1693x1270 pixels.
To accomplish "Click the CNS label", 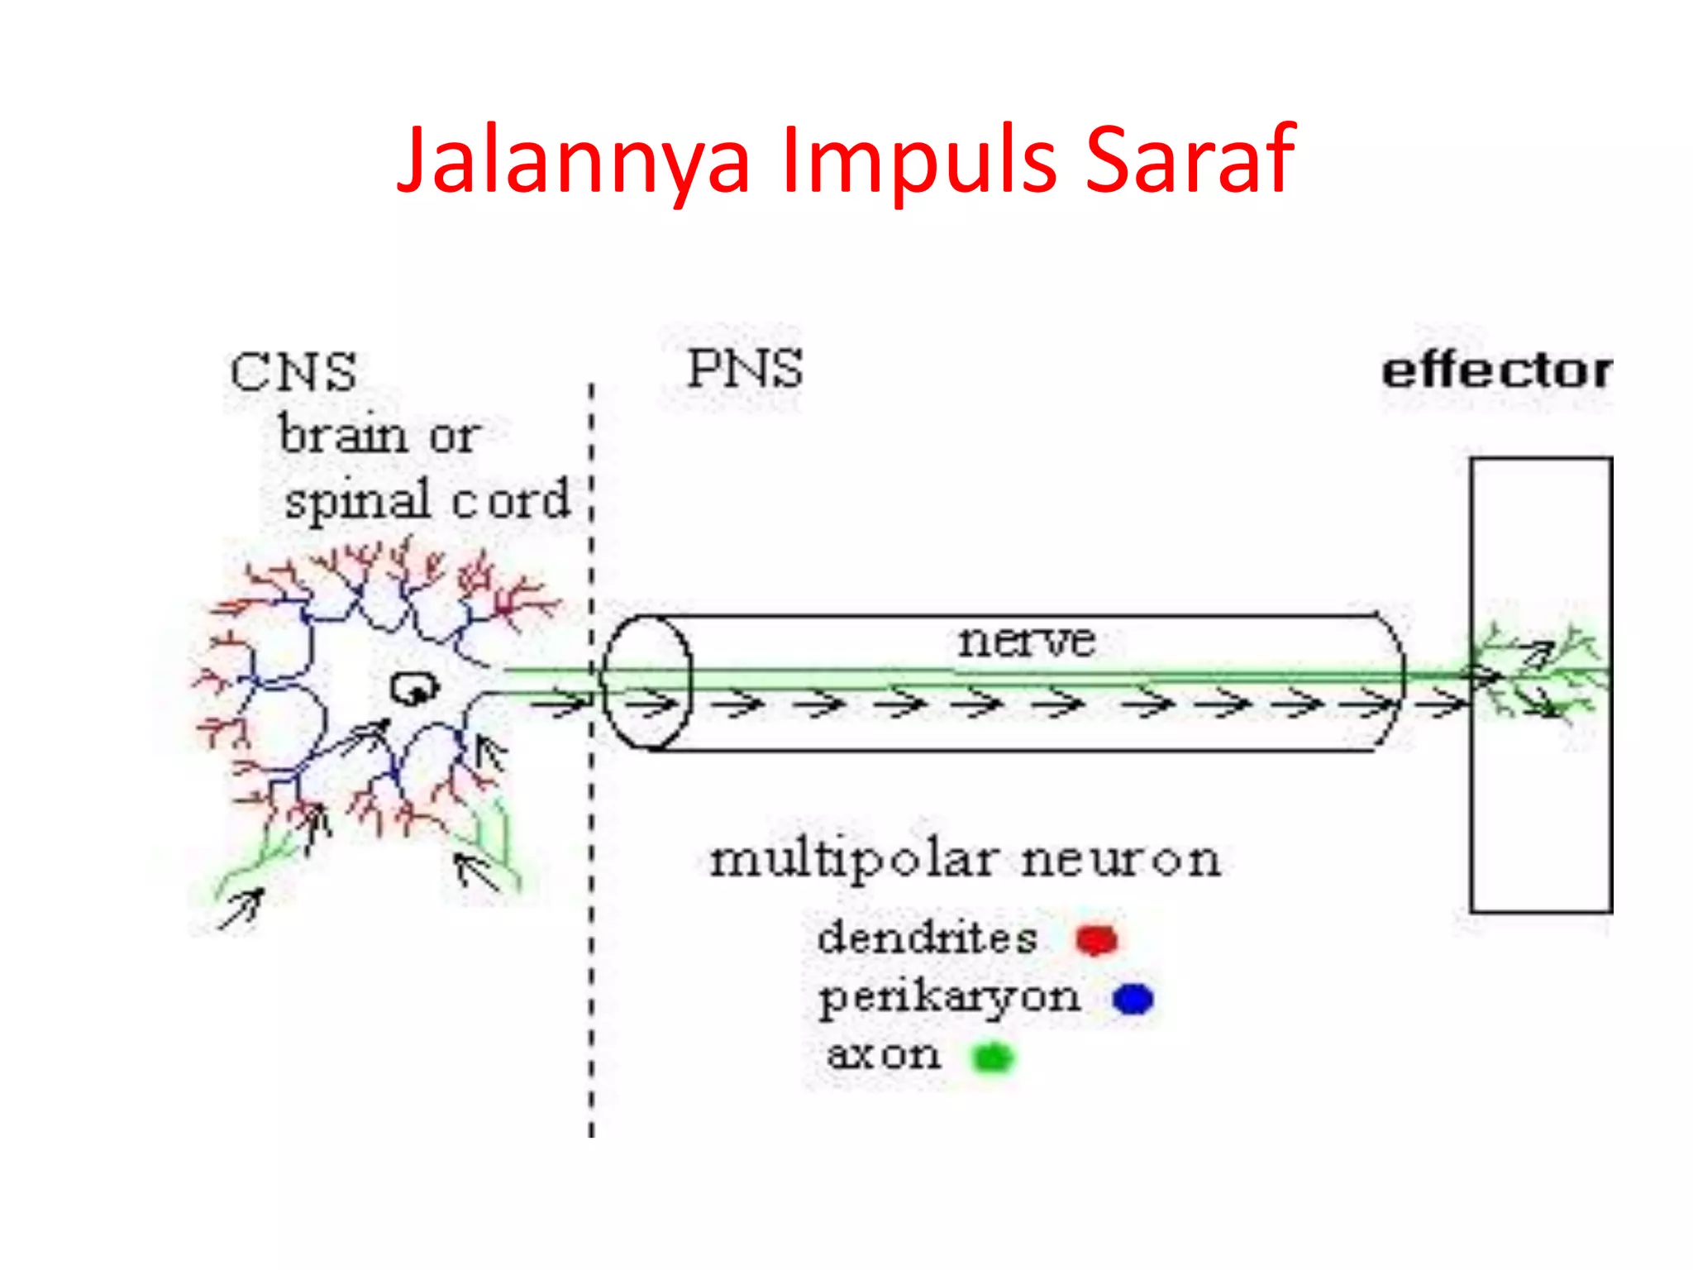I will [293, 372].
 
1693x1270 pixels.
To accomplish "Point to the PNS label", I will [745, 369].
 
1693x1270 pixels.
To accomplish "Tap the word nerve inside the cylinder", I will [1027, 641].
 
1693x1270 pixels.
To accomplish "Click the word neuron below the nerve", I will [1120, 861].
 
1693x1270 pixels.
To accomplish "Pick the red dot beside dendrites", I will [1097, 940].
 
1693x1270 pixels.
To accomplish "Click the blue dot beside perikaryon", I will [1133, 999].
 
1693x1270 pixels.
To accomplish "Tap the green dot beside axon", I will [992, 1058].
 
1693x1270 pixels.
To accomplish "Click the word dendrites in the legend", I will [927, 938].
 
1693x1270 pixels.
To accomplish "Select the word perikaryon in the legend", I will [949, 998].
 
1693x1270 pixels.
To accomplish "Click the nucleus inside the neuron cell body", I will [413, 689].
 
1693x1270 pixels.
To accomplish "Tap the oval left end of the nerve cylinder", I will [646, 683].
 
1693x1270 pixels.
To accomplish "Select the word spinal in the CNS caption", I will [357, 500].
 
